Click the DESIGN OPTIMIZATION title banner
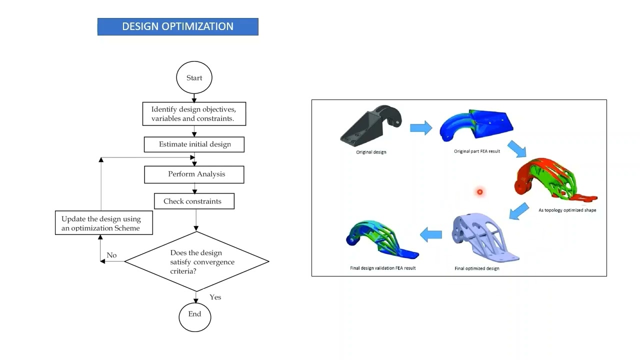pyautogui.click(x=177, y=26)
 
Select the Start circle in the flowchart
pyautogui.click(x=194, y=78)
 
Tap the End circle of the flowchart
pyautogui.click(x=194, y=314)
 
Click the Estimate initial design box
pyautogui.click(x=194, y=144)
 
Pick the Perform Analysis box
pyautogui.click(x=194, y=174)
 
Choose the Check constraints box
pyautogui.click(x=194, y=201)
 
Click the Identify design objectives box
pyautogui.click(x=194, y=114)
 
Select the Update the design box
pyautogui.click(x=103, y=223)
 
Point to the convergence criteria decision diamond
pyautogui.click(x=196, y=261)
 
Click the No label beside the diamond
pyautogui.click(x=111, y=255)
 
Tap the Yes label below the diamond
pyautogui.click(x=215, y=297)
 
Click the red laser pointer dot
pyautogui.click(x=479, y=192)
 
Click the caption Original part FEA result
pyautogui.click(x=476, y=151)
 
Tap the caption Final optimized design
pyautogui.click(x=476, y=268)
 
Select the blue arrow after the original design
pyautogui.click(x=421, y=128)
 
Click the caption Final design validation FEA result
pyautogui.click(x=382, y=268)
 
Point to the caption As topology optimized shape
pyautogui.click(x=567, y=210)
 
